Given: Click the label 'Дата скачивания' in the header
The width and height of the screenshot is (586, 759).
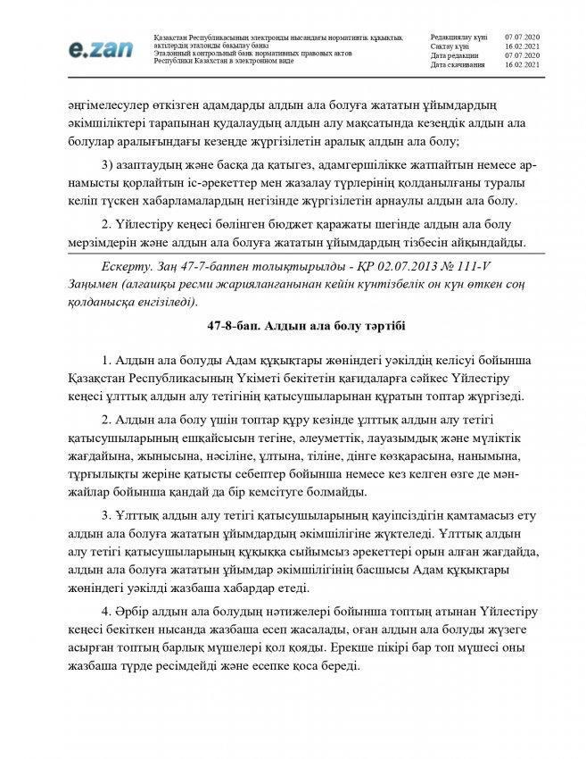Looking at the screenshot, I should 458,65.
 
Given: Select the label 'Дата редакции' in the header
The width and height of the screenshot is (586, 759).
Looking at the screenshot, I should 455,55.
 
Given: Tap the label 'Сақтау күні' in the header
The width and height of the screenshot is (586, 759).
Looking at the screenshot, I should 450,46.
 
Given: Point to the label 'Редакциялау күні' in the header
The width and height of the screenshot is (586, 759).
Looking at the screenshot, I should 458,36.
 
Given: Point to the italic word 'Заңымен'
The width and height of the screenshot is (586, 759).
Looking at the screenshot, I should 93,285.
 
